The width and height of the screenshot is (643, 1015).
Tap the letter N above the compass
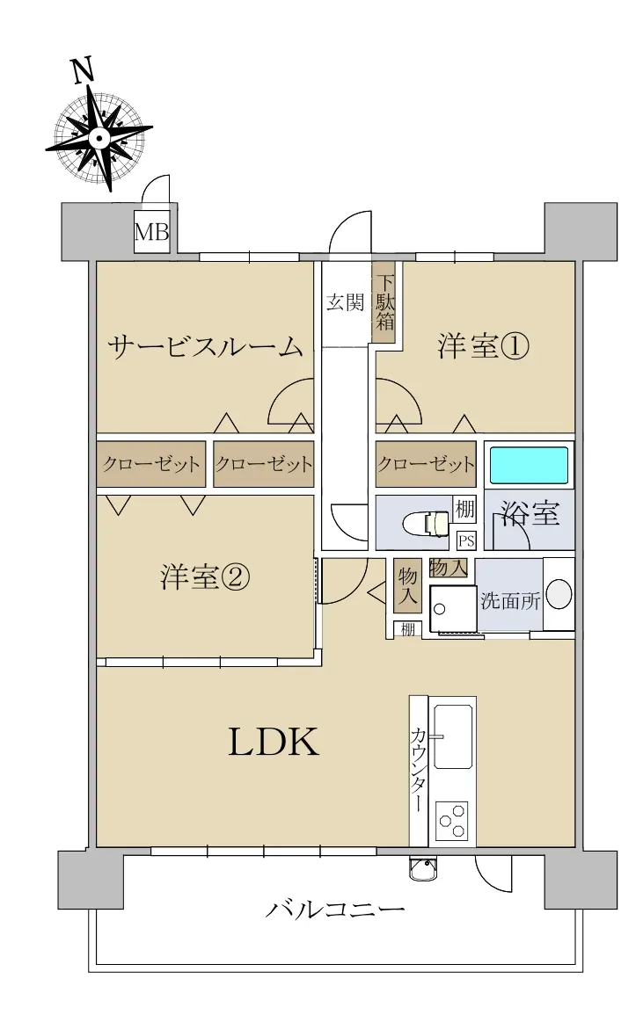(83, 70)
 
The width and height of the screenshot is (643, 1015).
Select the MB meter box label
(151, 232)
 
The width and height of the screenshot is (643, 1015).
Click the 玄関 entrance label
(345, 301)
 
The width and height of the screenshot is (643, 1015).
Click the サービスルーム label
(205, 347)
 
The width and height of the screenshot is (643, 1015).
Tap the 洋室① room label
(483, 345)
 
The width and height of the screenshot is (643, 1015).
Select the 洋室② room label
(204, 576)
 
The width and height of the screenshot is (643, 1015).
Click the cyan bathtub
(529, 465)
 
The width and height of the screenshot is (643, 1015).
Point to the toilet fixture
(426, 523)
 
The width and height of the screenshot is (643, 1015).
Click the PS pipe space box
(465, 540)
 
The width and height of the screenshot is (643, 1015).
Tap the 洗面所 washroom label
(510, 600)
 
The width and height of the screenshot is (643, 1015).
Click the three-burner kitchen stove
(452, 821)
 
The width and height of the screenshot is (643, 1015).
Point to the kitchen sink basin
(452, 736)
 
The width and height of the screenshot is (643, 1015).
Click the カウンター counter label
(418, 771)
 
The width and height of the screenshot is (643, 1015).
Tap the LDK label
(274, 742)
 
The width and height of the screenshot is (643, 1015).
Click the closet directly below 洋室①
(426, 464)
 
